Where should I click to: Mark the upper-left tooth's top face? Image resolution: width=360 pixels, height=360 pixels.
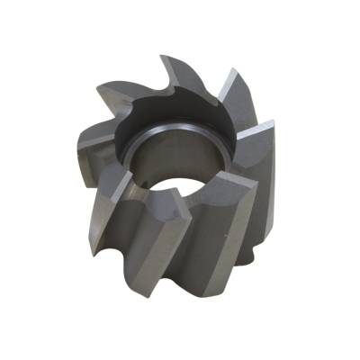pyautogui.click(x=117, y=90)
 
